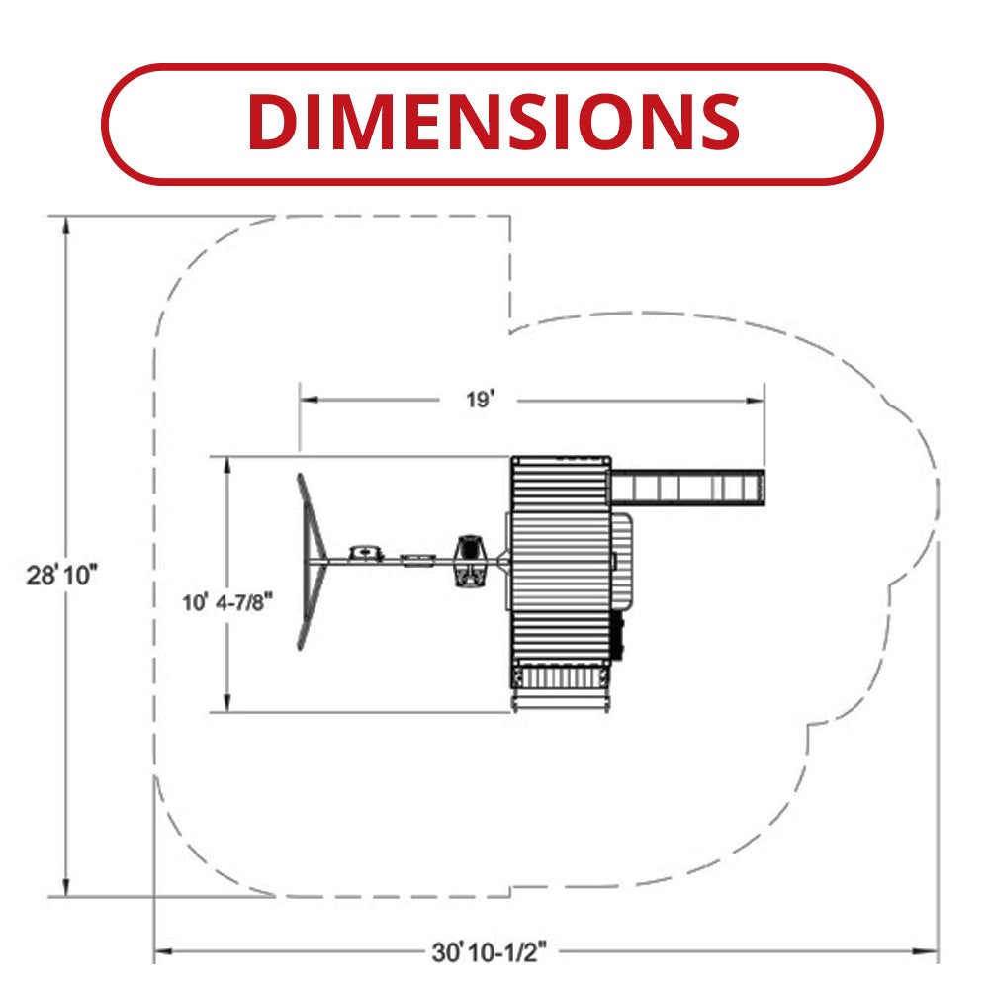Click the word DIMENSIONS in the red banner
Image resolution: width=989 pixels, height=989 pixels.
tap(494, 122)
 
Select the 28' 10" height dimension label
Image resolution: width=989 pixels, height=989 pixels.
tap(61, 576)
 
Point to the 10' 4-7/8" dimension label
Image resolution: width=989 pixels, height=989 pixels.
tap(227, 603)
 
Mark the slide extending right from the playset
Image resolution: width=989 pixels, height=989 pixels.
tap(688, 487)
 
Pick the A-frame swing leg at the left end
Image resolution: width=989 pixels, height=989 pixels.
tap(312, 561)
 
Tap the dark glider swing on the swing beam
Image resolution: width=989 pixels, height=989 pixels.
tap(470, 560)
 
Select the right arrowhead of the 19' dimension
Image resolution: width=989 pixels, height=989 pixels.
tap(755, 400)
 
